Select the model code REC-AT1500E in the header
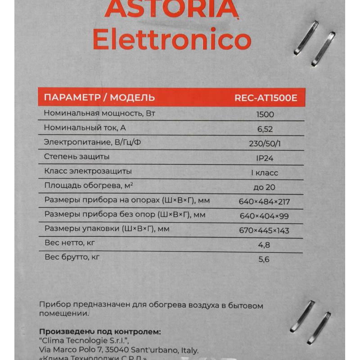pyautogui.click(x=266, y=98)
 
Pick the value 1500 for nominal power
pyautogui.click(x=265, y=114)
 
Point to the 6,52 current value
pyautogui.click(x=265, y=129)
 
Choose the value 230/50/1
pyautogui.click(x=265, y=144)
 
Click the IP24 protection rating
pyautogui.click(x=265, y=158)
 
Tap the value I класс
pyautogui.click(x=265, y=173)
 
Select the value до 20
pyautogui.click(x=265, y=187)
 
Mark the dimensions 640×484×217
pyautogui.click(x=265, y=201)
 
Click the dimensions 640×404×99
pyautogui.click(x=265, y=216)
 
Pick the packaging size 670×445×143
pyautogui.click(x=265, y=231)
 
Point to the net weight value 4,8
pyautogui.click(x=264, y=245)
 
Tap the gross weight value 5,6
pyautogui.click(x=264, y=260)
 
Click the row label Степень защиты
pyautogui.click(x=77, y=157)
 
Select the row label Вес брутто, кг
pyautogui.click(x=72, y=258)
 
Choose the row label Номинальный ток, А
pyautogui.click(x=85, y=128)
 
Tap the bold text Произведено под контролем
pyautogui.click(x=100, y=332)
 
